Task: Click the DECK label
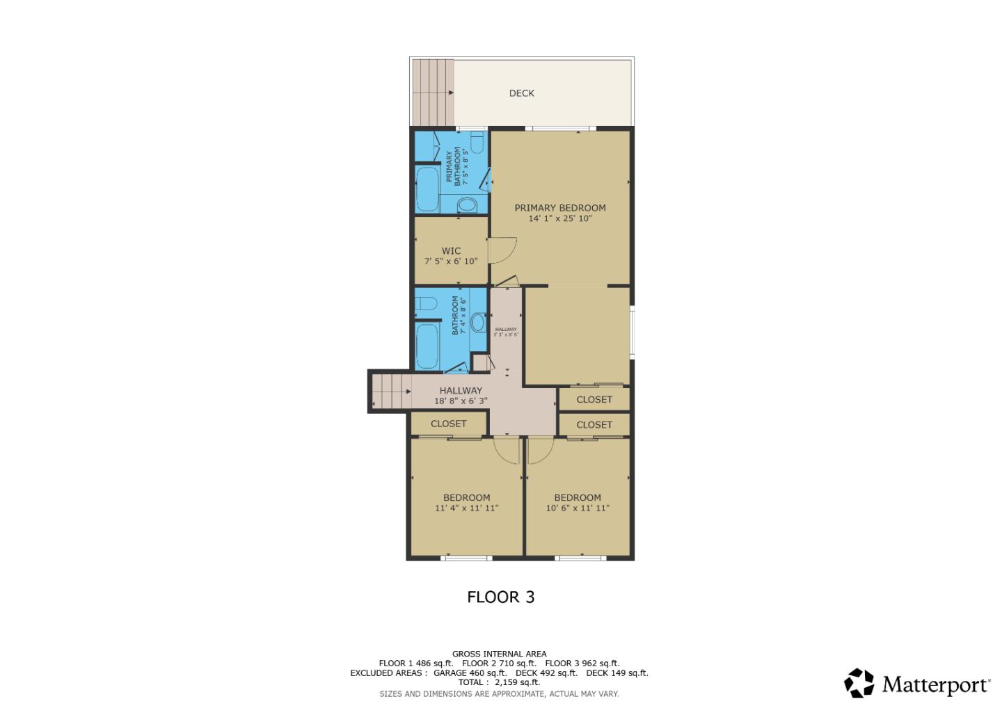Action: [x=521, y=93]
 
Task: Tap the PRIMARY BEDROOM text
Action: [x=559, y=207]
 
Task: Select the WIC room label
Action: [x=451, y=250]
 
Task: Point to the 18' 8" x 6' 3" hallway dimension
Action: [x=460, y=401]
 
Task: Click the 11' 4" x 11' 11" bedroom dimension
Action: [x=466, y=508]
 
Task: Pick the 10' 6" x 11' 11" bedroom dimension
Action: [x=577, y=508]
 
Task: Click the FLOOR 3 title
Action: [x=500, y=597]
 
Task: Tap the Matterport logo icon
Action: [x=859, y=683]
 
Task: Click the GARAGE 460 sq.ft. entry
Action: [x=470, y=673]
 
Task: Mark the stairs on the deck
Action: [x=432, y=92]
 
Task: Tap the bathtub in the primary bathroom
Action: [x=427, y=190]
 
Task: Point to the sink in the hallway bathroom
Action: [x=477, y=323]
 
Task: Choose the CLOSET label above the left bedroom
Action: [x=448, y=424]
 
